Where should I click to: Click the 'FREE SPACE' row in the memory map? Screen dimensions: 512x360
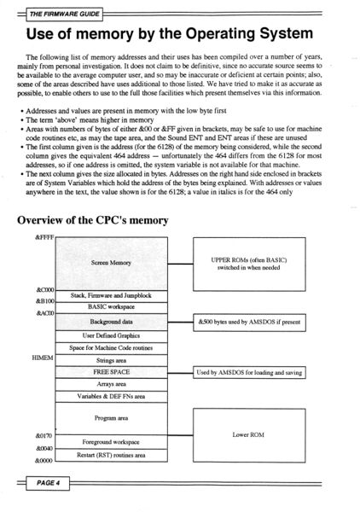(112, 373)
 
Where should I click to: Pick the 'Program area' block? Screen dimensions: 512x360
(112, 418)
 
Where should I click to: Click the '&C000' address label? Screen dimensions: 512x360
(44, 291)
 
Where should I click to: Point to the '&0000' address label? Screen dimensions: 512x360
(44, 461)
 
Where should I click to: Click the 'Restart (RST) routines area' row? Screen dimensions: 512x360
(112, 455)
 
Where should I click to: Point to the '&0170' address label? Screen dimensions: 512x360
(44, 435)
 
